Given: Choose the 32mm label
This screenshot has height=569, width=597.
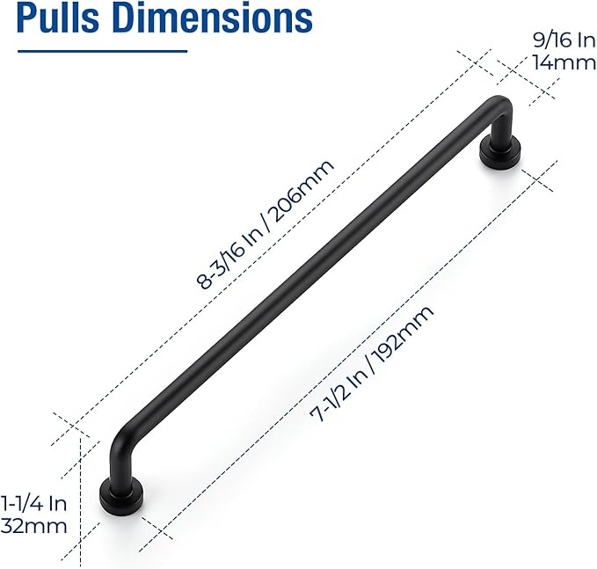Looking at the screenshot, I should click(x=35, y=527).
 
